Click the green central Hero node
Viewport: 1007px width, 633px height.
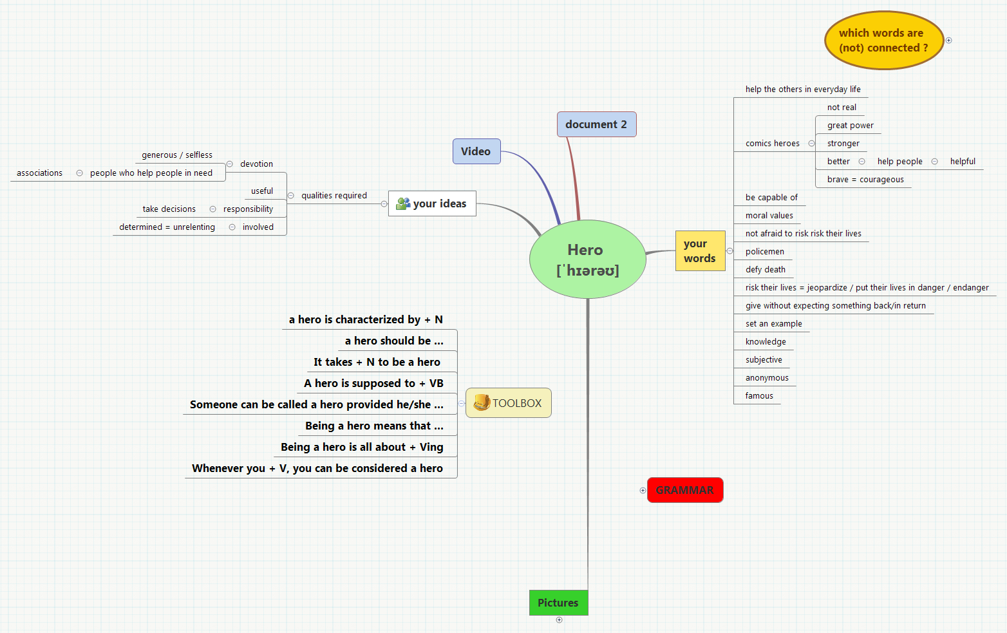pos(587,260)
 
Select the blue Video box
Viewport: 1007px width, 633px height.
pos(476,151)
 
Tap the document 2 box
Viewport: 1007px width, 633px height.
pos(596,124)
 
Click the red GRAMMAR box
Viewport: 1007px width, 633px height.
pos(684,490)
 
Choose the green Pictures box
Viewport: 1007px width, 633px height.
pos(558,603)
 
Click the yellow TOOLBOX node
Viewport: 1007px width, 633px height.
pos(509,403)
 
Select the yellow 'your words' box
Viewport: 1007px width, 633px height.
pos(700,250)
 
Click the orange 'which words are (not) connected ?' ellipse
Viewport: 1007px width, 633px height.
pos(883,40)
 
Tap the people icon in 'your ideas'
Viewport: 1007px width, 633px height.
pos(404,203)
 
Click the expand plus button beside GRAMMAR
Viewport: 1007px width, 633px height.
pos(643,491)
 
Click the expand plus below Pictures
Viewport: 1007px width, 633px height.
pos(559,620)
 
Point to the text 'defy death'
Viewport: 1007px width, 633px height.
pos(766,270)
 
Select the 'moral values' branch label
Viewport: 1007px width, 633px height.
pos(769,216)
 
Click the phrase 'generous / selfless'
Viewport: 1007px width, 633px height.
pos(177,155)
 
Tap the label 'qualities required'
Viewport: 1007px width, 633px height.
pos(334,196)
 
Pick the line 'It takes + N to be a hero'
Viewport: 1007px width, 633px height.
pos(377,362)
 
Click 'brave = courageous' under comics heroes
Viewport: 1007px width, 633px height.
pos(865,180)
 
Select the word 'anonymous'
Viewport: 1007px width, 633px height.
pos(767,378)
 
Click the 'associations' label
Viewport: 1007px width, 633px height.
pos(40,173)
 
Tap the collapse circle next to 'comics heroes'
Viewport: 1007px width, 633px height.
pos(811,144)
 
